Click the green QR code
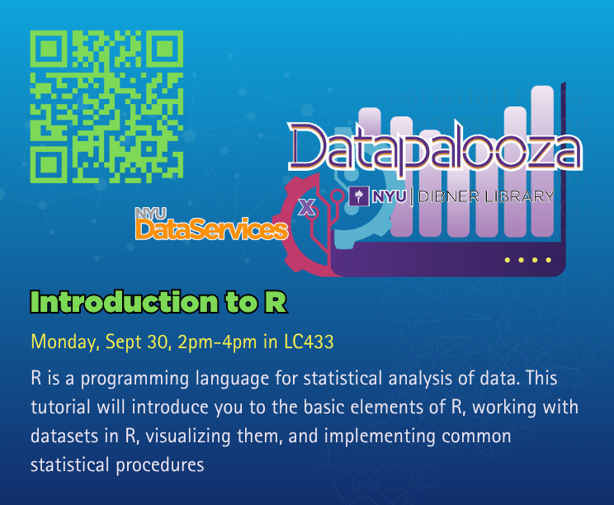tap(106, 106)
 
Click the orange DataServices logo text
tap(211, 229)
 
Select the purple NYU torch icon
tap(359, 196)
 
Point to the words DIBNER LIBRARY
tap(486, 196)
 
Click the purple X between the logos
tap(307, 207)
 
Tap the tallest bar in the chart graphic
tap(542, 161)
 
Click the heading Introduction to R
tap(158, 302)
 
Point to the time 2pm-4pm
tap(217, 342)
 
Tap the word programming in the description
tap(135, 379)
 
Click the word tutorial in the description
tap(61, 407)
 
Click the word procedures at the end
tap(160, 465)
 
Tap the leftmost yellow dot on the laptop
tap(508, 260)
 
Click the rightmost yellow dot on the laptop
tap(548, 260)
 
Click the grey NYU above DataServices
tap(151, 214)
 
